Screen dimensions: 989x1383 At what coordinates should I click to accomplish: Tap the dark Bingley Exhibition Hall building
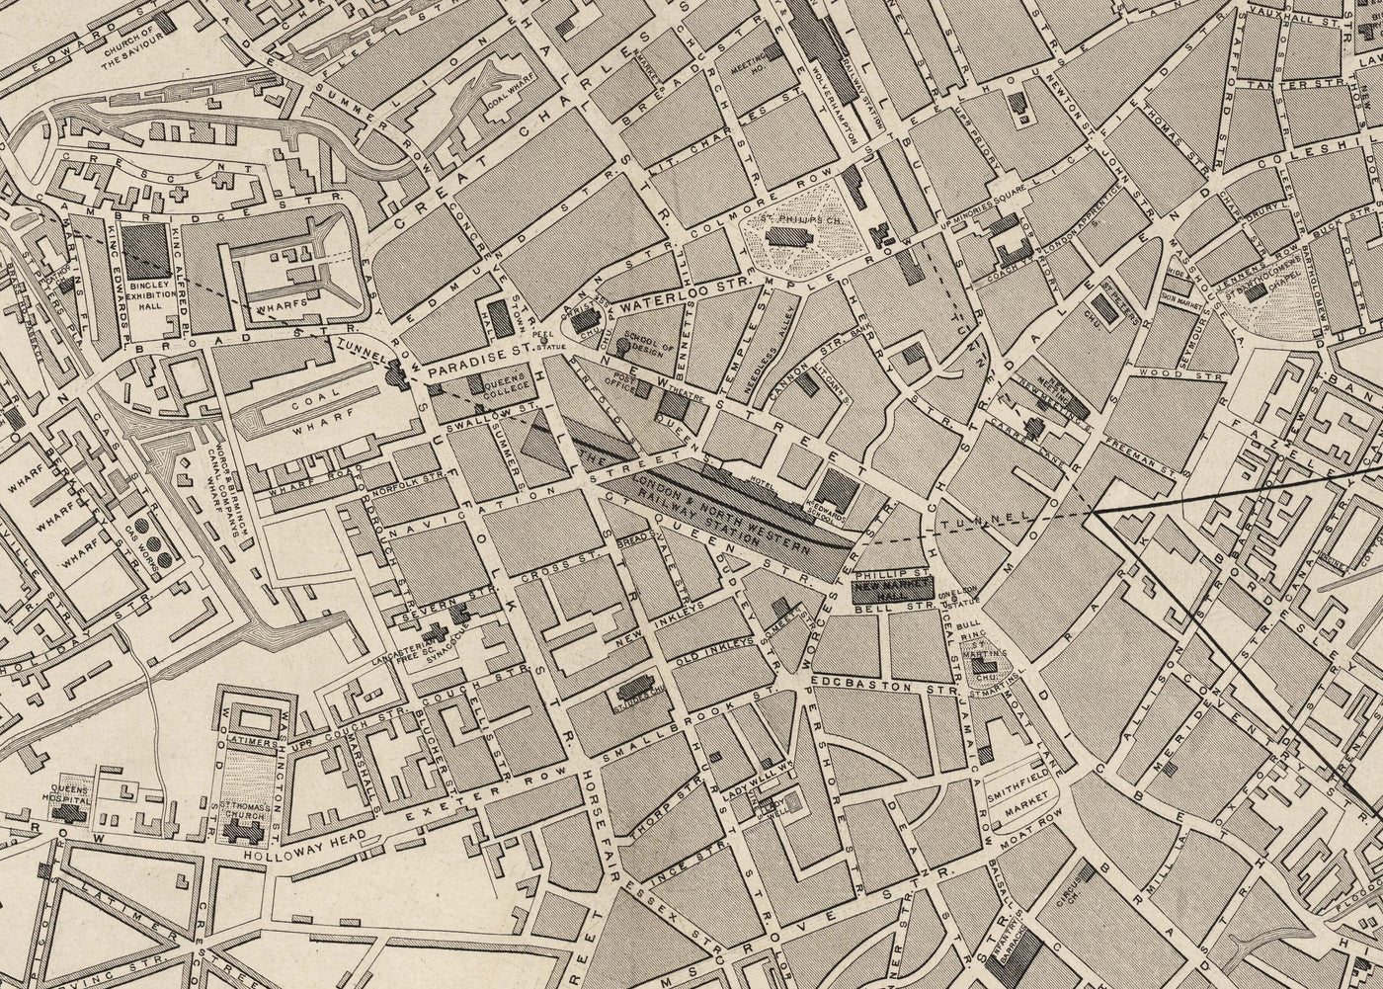[x=145, y=249]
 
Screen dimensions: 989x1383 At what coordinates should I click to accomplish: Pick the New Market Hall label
[x=892, y=590]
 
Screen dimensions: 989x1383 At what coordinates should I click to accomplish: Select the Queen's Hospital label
[x=74, y=795]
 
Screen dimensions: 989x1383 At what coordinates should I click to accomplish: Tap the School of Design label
[x=649, y=348]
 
